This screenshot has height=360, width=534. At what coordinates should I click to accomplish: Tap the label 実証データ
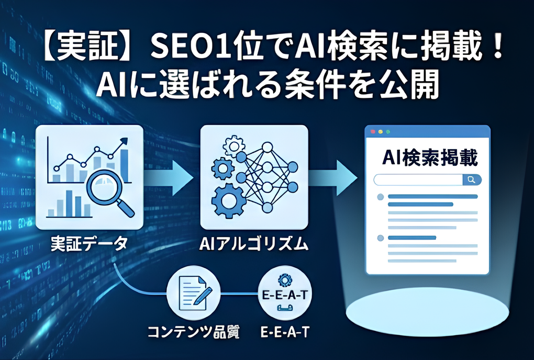coord(89,244)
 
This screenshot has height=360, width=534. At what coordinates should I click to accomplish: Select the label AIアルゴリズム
coord(254,244)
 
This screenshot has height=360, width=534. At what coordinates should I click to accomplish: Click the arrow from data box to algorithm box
coord(168,177)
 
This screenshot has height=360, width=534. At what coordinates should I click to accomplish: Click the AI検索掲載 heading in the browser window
coord(430,157)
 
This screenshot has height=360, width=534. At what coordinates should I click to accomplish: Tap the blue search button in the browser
coord(472,179)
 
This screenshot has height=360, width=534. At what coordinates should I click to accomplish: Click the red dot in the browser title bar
coord(373,132)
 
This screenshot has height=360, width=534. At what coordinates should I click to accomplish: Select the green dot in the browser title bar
coord(388,132)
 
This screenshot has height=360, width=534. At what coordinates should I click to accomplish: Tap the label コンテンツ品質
coord(193,332)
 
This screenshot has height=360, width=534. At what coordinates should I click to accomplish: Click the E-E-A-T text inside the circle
coord(285,295)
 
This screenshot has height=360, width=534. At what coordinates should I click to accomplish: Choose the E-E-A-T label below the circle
coord(285,332)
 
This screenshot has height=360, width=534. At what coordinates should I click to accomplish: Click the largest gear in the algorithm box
coord(228,201)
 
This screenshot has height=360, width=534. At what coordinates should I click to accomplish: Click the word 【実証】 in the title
coord(88,48)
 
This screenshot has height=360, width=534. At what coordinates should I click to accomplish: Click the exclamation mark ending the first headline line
coord(498,48)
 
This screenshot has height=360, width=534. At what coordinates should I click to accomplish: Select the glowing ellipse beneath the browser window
coord(427,311)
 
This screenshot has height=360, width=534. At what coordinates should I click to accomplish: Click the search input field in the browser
coord(418,179)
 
